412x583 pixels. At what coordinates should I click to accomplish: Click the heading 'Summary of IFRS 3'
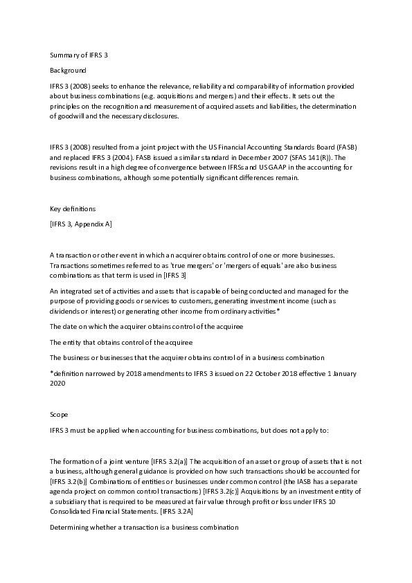point(79,55)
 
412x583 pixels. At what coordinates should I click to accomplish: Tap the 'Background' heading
point(68,71)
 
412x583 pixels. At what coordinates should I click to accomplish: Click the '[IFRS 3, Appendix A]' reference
point(81,224)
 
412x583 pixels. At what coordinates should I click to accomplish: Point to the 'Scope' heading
point(59,414)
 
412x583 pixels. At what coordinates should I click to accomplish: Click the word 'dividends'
point(68,312)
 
